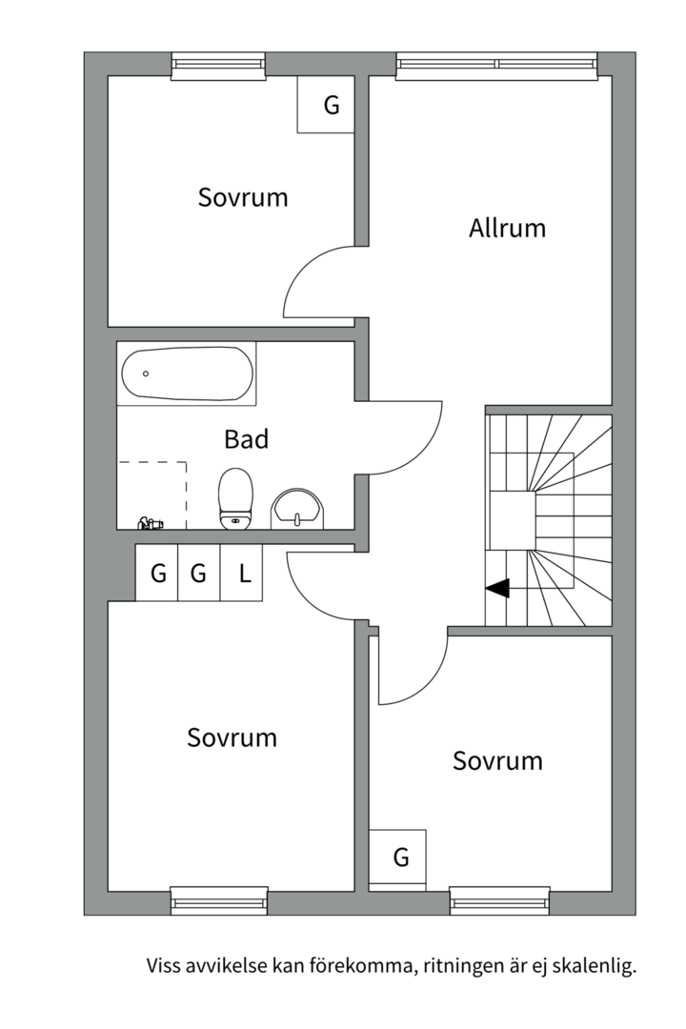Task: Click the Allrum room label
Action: pyautogui.click(x=507, y=228)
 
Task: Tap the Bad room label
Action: pyautogui.click(x=246, y=439)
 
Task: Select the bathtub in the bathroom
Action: pyautogui.click(x=187, y=373)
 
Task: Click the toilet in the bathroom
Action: pyautogui.click(x=235, y=497)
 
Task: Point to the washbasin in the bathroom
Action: pyautogui.click(x=298, y=510)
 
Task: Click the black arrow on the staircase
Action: pyautogui.click(x=497, y=589)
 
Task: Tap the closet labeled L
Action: pyautogui.click(x=244, y=574)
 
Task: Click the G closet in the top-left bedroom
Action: pyautogui.click(x=331, y=105)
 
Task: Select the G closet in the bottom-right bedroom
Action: pyautogui.click(x=400, y=857)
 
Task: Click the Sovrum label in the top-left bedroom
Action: pyautogui.click(x=243, y=197)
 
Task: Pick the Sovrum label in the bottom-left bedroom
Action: pyautogui.click(x=232, y=737)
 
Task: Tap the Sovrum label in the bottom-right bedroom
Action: pyautogui.click(x=497, y=761)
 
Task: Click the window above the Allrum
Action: pyautogui.click(x=496, y=65)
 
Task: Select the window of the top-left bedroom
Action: pyautogui.click(x=218, y=65)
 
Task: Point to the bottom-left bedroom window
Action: pyautogui.click(x=219, y=900)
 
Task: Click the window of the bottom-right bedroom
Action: pyautogui.click(x=499, y=900)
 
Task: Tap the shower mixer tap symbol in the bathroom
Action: pyautogui.click(x=151, y=522)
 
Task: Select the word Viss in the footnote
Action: pyautogui.click(x=163, y=966)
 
